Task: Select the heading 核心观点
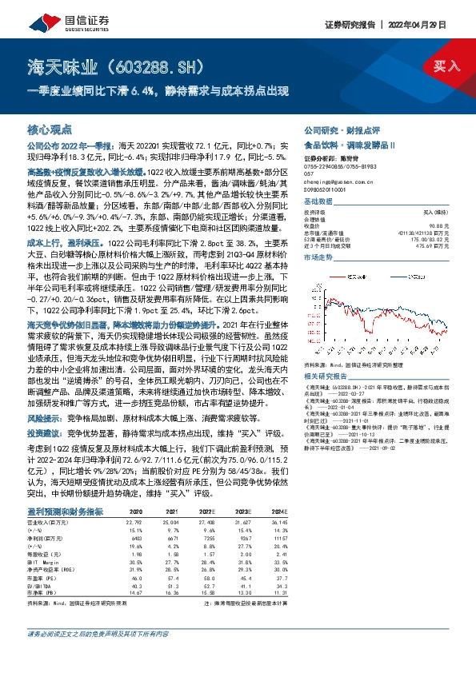pyautogui.click(x=50, y=129)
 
